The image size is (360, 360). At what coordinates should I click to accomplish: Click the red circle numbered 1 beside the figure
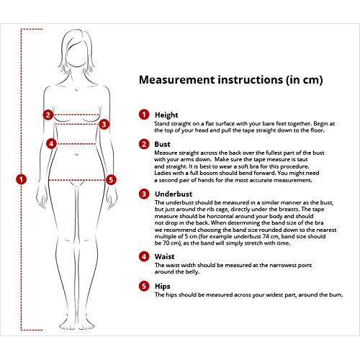[x=21, y=179]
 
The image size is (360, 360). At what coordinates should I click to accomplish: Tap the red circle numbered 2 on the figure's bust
[x=48, y=114]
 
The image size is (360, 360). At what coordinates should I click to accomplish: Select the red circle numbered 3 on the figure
[x=104, y=125]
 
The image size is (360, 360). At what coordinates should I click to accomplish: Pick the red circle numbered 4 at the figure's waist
[x=51, y=144]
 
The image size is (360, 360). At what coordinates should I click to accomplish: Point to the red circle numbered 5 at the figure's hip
[x=111, y=180]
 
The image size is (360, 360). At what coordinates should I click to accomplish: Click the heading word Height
[x=166, y=115]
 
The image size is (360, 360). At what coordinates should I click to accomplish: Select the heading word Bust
[x=162, y=144]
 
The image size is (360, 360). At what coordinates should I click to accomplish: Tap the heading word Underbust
[x=174, y=194]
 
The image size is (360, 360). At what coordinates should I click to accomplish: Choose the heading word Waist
[x=164, y=256]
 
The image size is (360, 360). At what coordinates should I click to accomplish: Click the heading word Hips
[x=163, y=286]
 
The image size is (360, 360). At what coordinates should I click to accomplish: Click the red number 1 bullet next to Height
[x=144, y=114]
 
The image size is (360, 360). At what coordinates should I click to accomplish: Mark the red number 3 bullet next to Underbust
[x=144, y=194]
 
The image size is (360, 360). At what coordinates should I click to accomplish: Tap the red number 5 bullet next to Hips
[x=144, y=286]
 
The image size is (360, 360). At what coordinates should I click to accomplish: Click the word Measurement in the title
[x=176, y=80]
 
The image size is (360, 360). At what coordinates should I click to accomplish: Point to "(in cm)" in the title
[x=304, y=80]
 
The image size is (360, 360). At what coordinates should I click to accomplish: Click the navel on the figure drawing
[x=77, y=154]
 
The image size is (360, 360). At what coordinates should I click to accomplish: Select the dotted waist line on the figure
[x=76, y=144]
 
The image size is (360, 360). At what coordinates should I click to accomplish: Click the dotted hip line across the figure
[x=76, y=180]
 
